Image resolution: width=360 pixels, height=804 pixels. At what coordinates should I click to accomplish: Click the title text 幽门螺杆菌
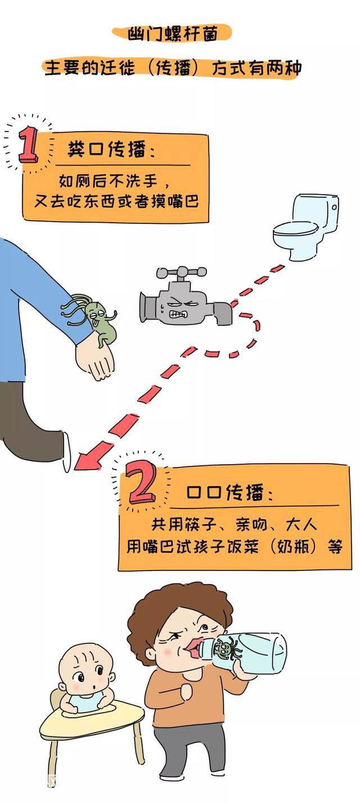(x=173, y=34)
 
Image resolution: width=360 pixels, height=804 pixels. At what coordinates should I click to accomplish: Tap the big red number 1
(x=28, y=145)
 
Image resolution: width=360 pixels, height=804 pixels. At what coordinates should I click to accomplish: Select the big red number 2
(x=142, y=482)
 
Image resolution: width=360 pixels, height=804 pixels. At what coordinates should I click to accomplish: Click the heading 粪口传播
(x=107, y=149)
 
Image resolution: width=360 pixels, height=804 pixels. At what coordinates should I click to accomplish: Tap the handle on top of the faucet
(x=182, y=273)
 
